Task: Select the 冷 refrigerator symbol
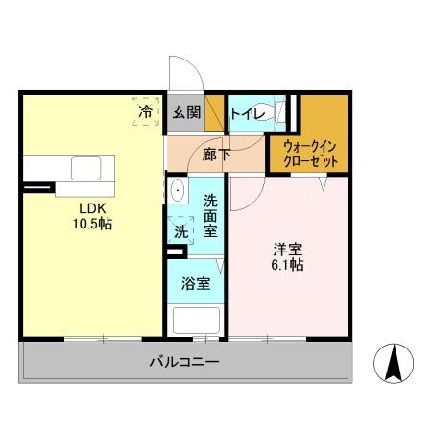coord(145,112)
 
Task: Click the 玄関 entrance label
coord(185,112)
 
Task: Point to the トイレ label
coord(246,112)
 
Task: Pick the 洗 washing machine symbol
coord(180,230)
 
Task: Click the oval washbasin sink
coord(178,191)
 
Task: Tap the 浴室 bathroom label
coord(194,285)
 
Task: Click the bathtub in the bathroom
coord(195,321)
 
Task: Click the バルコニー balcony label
coord(183,363)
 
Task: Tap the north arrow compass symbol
coord(393,362)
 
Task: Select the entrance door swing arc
coord(182,73)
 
